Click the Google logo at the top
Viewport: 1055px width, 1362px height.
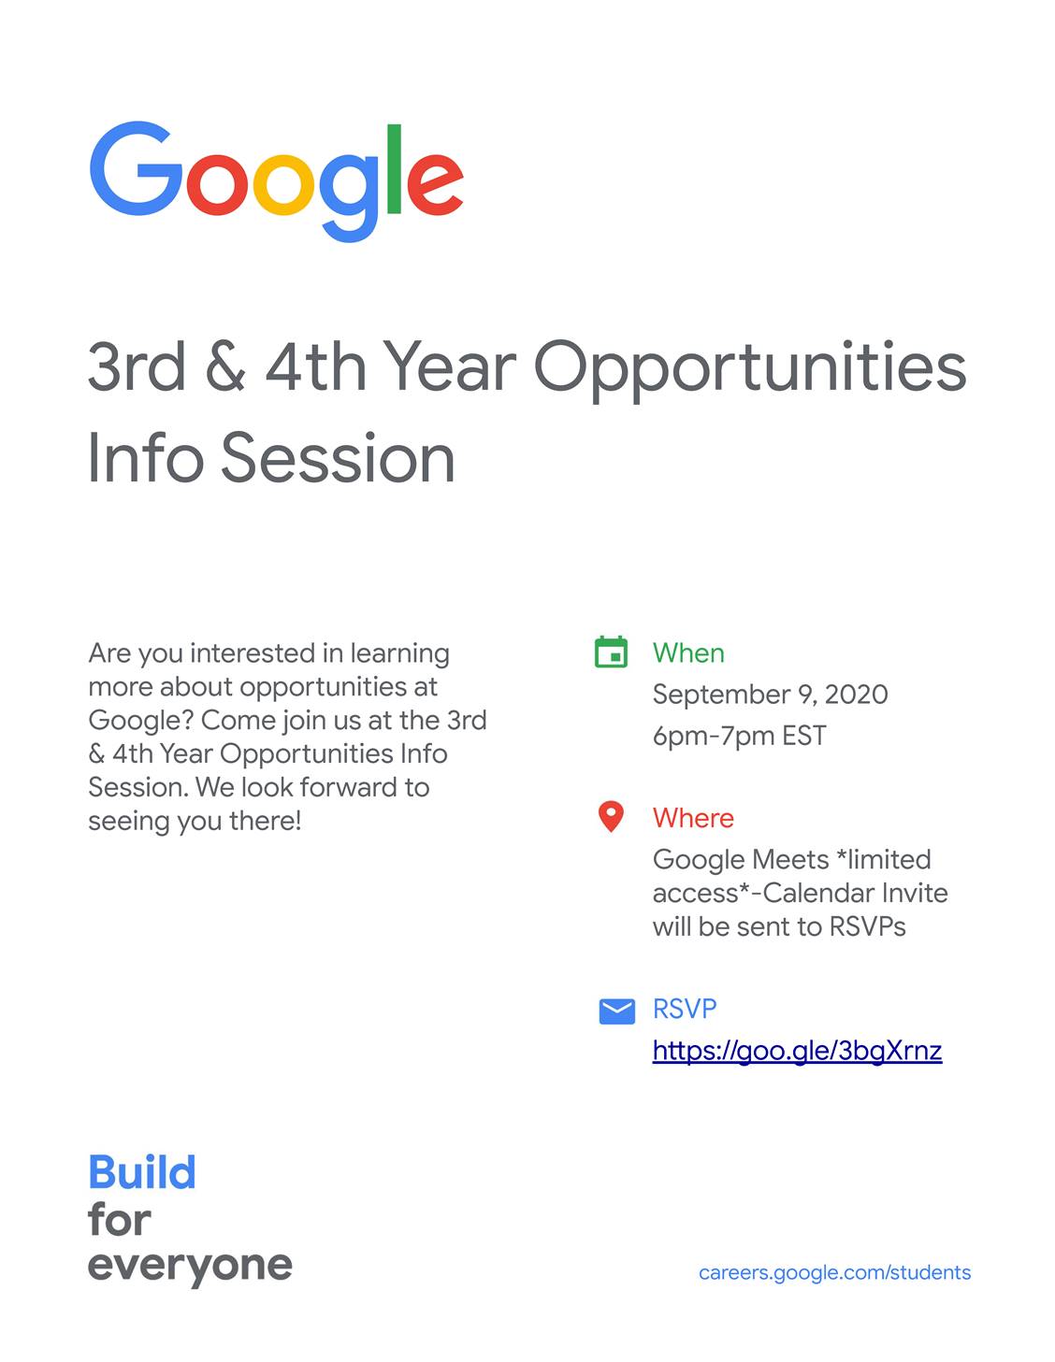click(277, 181)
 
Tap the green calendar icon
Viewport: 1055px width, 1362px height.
click(611, 652)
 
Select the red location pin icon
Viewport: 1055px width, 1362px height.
click(611, 817)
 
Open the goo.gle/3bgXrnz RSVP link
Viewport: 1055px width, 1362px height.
click(797, 1051)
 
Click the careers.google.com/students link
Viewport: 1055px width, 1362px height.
click(834, 1273)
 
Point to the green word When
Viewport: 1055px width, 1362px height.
click(688, 653)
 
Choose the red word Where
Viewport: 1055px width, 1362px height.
click(693, 818)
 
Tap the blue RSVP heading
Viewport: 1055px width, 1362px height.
click(684, 1010)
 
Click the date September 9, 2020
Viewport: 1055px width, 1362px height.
click(770, 695)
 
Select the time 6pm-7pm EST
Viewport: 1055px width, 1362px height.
click(739, 736)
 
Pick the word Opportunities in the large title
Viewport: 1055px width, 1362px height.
click(750, 371)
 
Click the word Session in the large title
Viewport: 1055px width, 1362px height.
click(338, 457)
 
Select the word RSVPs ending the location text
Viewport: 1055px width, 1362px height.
click(868, 927)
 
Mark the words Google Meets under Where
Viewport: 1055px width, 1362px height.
click(741, 861)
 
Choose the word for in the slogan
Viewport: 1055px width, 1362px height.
click(119, 1220)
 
